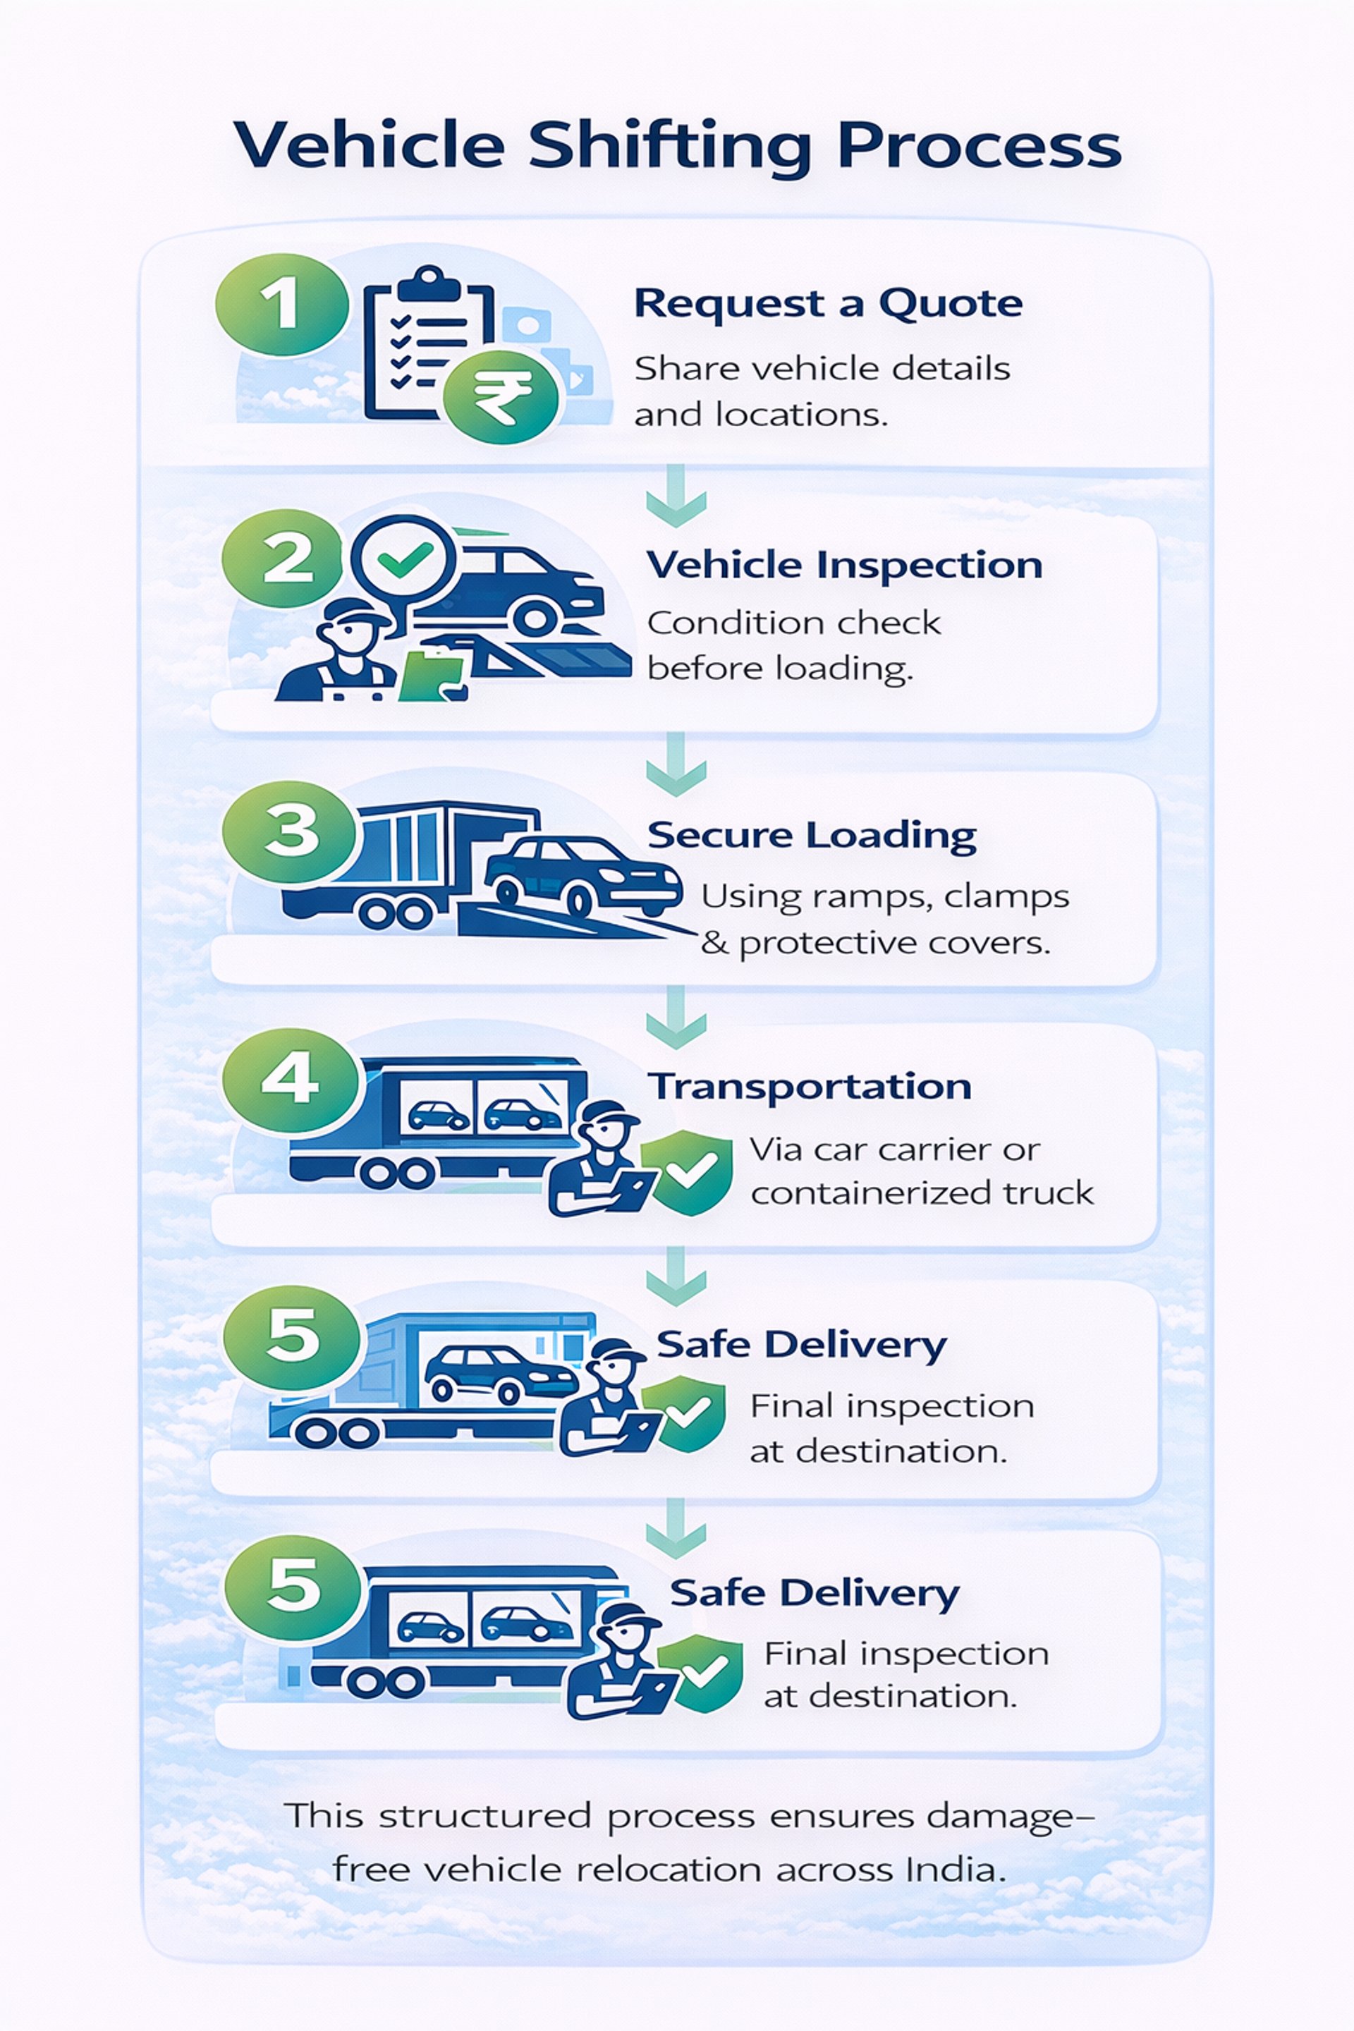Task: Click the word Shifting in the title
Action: (669, 147)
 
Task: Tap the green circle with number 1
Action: (281, 304)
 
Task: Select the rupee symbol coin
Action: (501, 397)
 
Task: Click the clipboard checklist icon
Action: (423, 346)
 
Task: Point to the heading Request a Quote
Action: (828, 304)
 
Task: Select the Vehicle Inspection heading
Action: (845, 566)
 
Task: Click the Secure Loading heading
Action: (812, 835)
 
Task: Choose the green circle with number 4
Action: (290, 1080)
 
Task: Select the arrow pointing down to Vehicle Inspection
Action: (676, 496)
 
